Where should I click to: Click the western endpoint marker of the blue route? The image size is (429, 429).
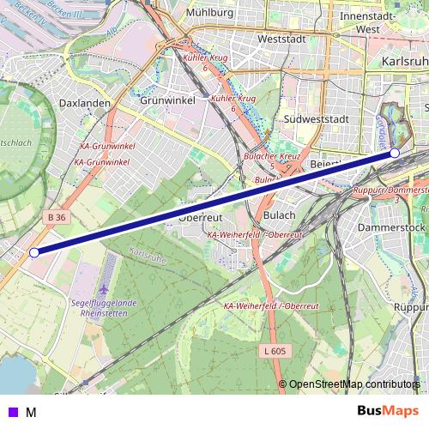34,252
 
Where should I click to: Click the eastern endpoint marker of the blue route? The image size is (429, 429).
395,153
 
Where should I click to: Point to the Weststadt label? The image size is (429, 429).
281,39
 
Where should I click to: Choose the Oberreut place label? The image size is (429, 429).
202,218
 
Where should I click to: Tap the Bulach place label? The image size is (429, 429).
279,215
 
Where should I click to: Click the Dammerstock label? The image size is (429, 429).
390,227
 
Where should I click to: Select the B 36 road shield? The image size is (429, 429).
57,218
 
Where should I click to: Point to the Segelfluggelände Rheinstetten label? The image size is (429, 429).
110,308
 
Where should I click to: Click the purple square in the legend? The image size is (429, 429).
12,412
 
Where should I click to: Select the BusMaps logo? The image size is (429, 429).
388,411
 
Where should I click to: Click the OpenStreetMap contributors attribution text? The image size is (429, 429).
354,384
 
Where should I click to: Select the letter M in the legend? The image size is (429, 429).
31,412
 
